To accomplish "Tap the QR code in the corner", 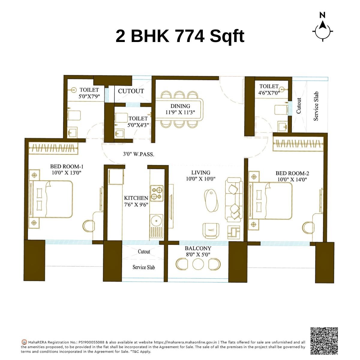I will (324, 341).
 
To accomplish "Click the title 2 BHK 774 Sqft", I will (180, 36).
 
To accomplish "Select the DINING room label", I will (180, 106).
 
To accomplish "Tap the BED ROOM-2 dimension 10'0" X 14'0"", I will (292, 180).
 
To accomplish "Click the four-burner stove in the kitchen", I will (157, 193).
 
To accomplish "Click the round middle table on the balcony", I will (198, 264).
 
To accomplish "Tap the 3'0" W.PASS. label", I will (139, 154).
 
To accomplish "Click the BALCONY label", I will (198, 248).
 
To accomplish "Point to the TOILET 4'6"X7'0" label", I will (269, 89).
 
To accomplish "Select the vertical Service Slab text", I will (316, 106).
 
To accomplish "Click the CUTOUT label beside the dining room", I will (131, 91).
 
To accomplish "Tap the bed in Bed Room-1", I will (52, 199).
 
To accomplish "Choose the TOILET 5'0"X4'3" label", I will (138, 121).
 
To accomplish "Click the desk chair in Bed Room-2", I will (308, 227).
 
